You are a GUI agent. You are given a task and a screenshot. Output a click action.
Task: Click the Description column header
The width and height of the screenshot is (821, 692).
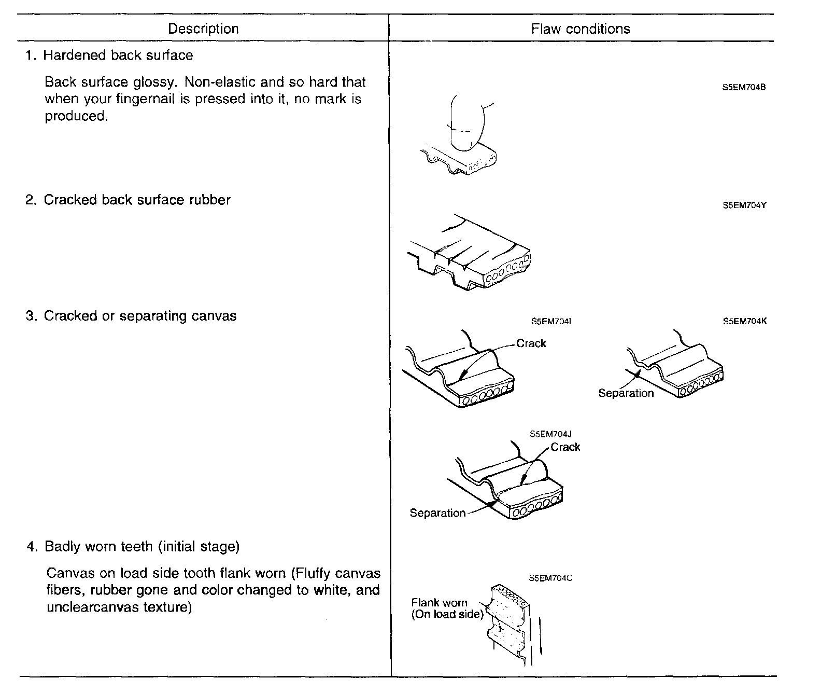[x=203, y=29]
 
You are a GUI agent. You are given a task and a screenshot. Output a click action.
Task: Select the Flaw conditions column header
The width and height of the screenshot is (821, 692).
[x=581, y=29]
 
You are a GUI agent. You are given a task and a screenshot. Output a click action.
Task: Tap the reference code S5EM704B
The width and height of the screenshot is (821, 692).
[x=744, y=87]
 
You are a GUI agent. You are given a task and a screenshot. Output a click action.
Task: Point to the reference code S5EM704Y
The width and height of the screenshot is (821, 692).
[x=744, y=205]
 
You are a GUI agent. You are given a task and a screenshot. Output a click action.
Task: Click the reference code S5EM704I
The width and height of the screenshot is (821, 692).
[x=551, y=322]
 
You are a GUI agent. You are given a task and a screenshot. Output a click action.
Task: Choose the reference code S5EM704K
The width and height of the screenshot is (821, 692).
[x=744, y=321]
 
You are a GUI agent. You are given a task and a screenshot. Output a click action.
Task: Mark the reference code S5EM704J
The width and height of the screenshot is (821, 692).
[x=550, y=434]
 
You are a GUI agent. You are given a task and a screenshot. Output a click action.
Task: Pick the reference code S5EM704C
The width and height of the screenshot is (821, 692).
[x=550, y=578]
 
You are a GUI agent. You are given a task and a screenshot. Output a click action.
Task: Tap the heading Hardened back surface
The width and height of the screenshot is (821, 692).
[x=118, y=55]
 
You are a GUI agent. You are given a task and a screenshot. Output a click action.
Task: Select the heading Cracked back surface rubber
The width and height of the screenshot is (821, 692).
[x=137, y=200]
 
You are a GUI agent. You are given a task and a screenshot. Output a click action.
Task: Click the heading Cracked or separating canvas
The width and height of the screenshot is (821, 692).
[x=140, y=316]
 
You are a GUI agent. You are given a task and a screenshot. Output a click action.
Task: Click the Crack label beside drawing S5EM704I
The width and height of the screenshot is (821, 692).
[x=531, y=343]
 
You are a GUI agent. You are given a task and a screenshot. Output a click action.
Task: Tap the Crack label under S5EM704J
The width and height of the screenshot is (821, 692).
[x=565, y=447]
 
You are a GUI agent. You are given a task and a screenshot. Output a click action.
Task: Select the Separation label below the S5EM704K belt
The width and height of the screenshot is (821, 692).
[x=626, y=393]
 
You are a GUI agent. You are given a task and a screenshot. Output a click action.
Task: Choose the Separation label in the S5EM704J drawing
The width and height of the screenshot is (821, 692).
[x=437, y=513]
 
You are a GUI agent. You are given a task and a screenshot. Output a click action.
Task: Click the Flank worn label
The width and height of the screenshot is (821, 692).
[x=439, y=603]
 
